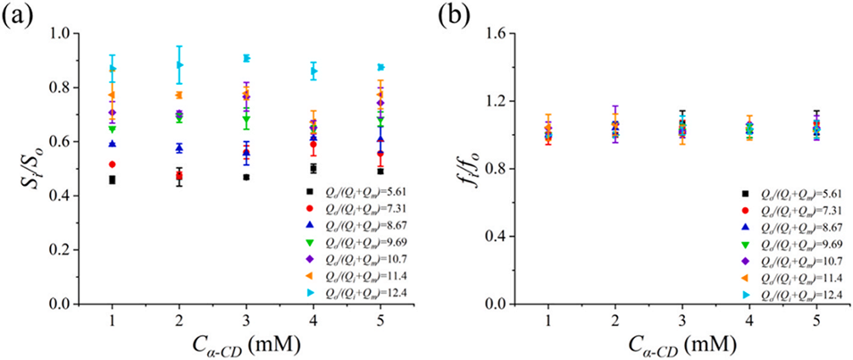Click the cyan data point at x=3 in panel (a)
(x=246, y=58)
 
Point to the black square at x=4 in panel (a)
(x=314, y=168)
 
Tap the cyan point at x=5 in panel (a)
(x=381, y=67)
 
